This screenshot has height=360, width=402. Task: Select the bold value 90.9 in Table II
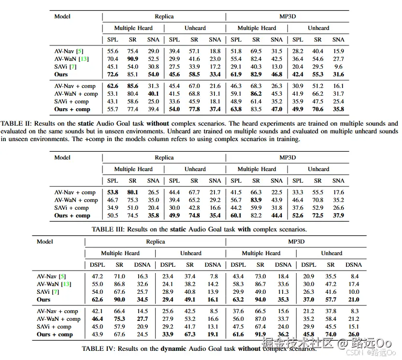point(132,59)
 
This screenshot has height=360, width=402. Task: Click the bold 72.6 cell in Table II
point(112,74)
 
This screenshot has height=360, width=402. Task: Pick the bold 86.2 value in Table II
point(256,94)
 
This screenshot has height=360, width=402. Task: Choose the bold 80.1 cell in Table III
point(132,192)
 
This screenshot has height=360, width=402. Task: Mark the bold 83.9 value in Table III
point(256,200)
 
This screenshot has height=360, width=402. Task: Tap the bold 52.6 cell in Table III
point(298,216)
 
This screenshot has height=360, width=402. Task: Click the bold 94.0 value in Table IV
point(260,300)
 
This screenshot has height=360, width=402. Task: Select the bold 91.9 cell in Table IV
point(260,334)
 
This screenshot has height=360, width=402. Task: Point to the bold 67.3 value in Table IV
point(190,334)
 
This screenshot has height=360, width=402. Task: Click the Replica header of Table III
point(164,158)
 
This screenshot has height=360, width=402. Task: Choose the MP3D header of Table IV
point(296,242)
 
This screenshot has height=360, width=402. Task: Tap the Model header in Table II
point(62,16)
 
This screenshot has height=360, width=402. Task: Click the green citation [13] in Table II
point(84,59)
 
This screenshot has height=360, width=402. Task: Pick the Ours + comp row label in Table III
point(72,216)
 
